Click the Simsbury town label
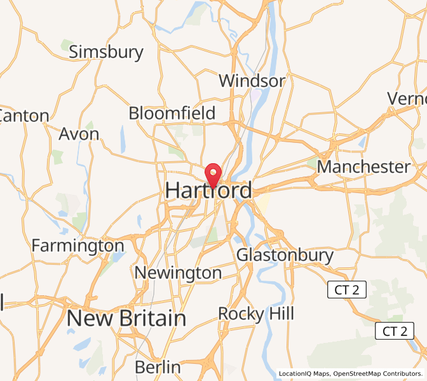(x=106, y=51)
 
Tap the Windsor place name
(x=252, y=81)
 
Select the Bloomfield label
(x=172, y=113)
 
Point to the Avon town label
(x=79, y=134)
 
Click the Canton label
(x=24, y=116)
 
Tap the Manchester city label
(x=363, y=167)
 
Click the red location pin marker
(x=212, y=173)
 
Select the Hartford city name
(x=208, y=190)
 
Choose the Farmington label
(x=78, y=245)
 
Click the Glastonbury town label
(x=285, y=255)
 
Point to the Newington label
(x=178, y=273)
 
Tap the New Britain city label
(x=126, y=318)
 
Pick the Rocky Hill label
(x=256, y=313)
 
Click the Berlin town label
(x=158, y=367)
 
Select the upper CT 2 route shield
(x=347, y=290)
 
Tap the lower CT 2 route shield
(x=395, y=331)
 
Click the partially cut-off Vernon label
(x=407, y=98)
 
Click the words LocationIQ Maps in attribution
(x=304, y=374)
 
